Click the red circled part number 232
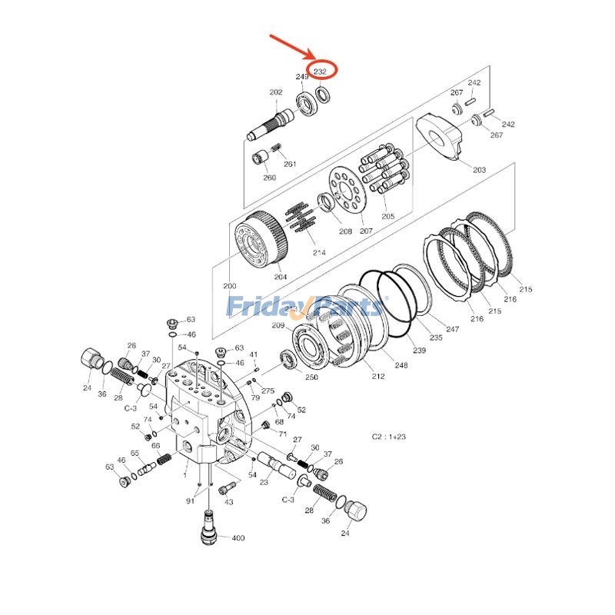321,71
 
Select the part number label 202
275,92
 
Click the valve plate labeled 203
442,139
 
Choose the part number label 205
387,216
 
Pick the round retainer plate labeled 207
350,195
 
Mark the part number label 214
319,252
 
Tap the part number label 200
230,286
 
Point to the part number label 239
419,351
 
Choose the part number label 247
452,328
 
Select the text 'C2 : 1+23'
388,437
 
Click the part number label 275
268,391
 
